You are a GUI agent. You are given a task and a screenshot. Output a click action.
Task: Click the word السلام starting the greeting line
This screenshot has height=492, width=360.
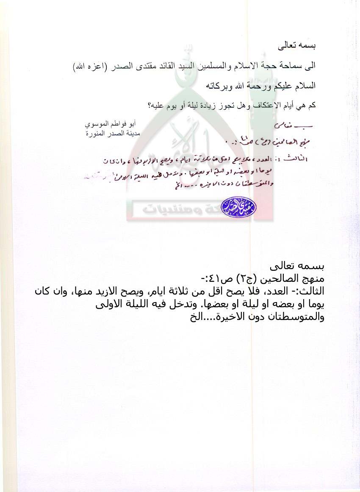point(305,86)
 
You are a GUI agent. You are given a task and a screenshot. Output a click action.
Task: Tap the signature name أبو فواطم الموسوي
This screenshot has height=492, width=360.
point(111,125)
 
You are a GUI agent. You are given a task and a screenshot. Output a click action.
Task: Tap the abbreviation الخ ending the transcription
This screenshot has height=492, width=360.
point(192,317)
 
